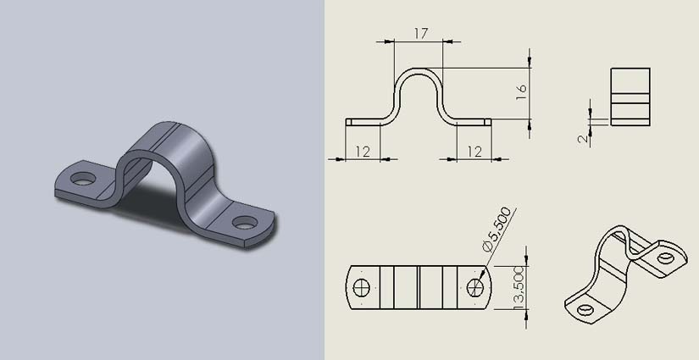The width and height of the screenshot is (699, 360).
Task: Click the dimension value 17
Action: coord(421,33)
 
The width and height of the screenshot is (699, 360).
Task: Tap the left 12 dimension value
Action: coord(363,152)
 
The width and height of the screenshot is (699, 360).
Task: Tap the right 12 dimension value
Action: coord(474,152)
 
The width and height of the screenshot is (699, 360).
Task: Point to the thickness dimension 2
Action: coord(583,139)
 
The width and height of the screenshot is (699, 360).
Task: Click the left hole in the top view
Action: coord(361,287)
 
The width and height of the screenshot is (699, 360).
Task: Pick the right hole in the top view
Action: coord(475,287)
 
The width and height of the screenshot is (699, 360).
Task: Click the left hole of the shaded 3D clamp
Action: coord(83,179)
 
